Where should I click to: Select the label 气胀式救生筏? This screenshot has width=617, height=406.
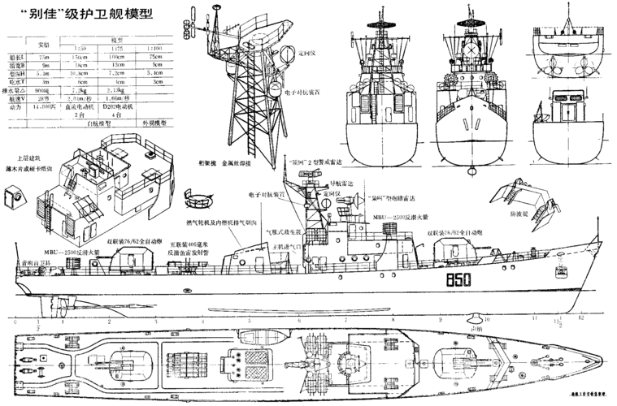[x=282, y=231]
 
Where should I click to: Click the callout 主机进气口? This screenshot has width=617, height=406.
[x=286, y=246]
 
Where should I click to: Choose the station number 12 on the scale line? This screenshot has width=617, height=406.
[x=580, y=319]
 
